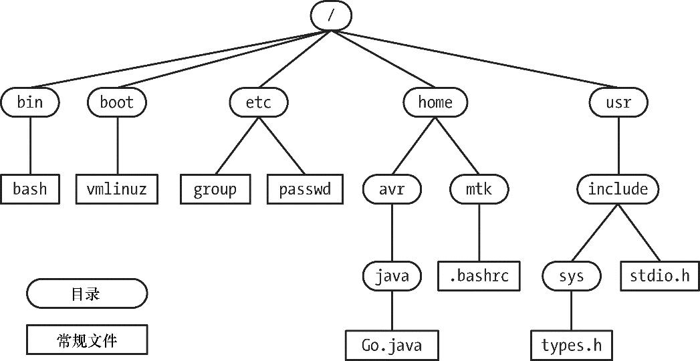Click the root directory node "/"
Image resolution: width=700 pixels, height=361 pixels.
point(331,15)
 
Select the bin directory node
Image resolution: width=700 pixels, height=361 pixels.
point(30,102)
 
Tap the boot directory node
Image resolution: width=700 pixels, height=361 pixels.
point(117,102)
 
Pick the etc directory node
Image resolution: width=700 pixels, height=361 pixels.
point(258,102)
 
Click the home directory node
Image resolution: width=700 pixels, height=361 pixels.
point(435,102)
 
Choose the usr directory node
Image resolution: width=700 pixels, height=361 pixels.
point(618,102)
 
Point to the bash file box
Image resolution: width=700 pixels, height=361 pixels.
point(30,189)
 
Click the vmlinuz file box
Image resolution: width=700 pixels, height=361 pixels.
point(117,189)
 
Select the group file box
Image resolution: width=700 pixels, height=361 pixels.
point(215,189)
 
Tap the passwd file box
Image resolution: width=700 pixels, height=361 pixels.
point(306,189)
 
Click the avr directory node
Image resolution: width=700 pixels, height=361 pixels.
point(392,189)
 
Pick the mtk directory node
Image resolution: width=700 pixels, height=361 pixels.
point(479,189)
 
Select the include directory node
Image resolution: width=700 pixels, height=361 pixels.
point(618,189)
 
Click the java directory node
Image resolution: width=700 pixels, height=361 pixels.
point(392,275)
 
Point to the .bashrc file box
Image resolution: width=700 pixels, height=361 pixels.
point(479,275)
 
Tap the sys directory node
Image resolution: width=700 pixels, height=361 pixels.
point(571,275)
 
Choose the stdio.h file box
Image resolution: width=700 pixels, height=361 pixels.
point(659,275)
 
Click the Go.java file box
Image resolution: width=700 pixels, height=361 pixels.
point(392,346)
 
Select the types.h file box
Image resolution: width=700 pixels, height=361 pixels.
point(572,346)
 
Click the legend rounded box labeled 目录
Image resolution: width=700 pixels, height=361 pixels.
point(86,293)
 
